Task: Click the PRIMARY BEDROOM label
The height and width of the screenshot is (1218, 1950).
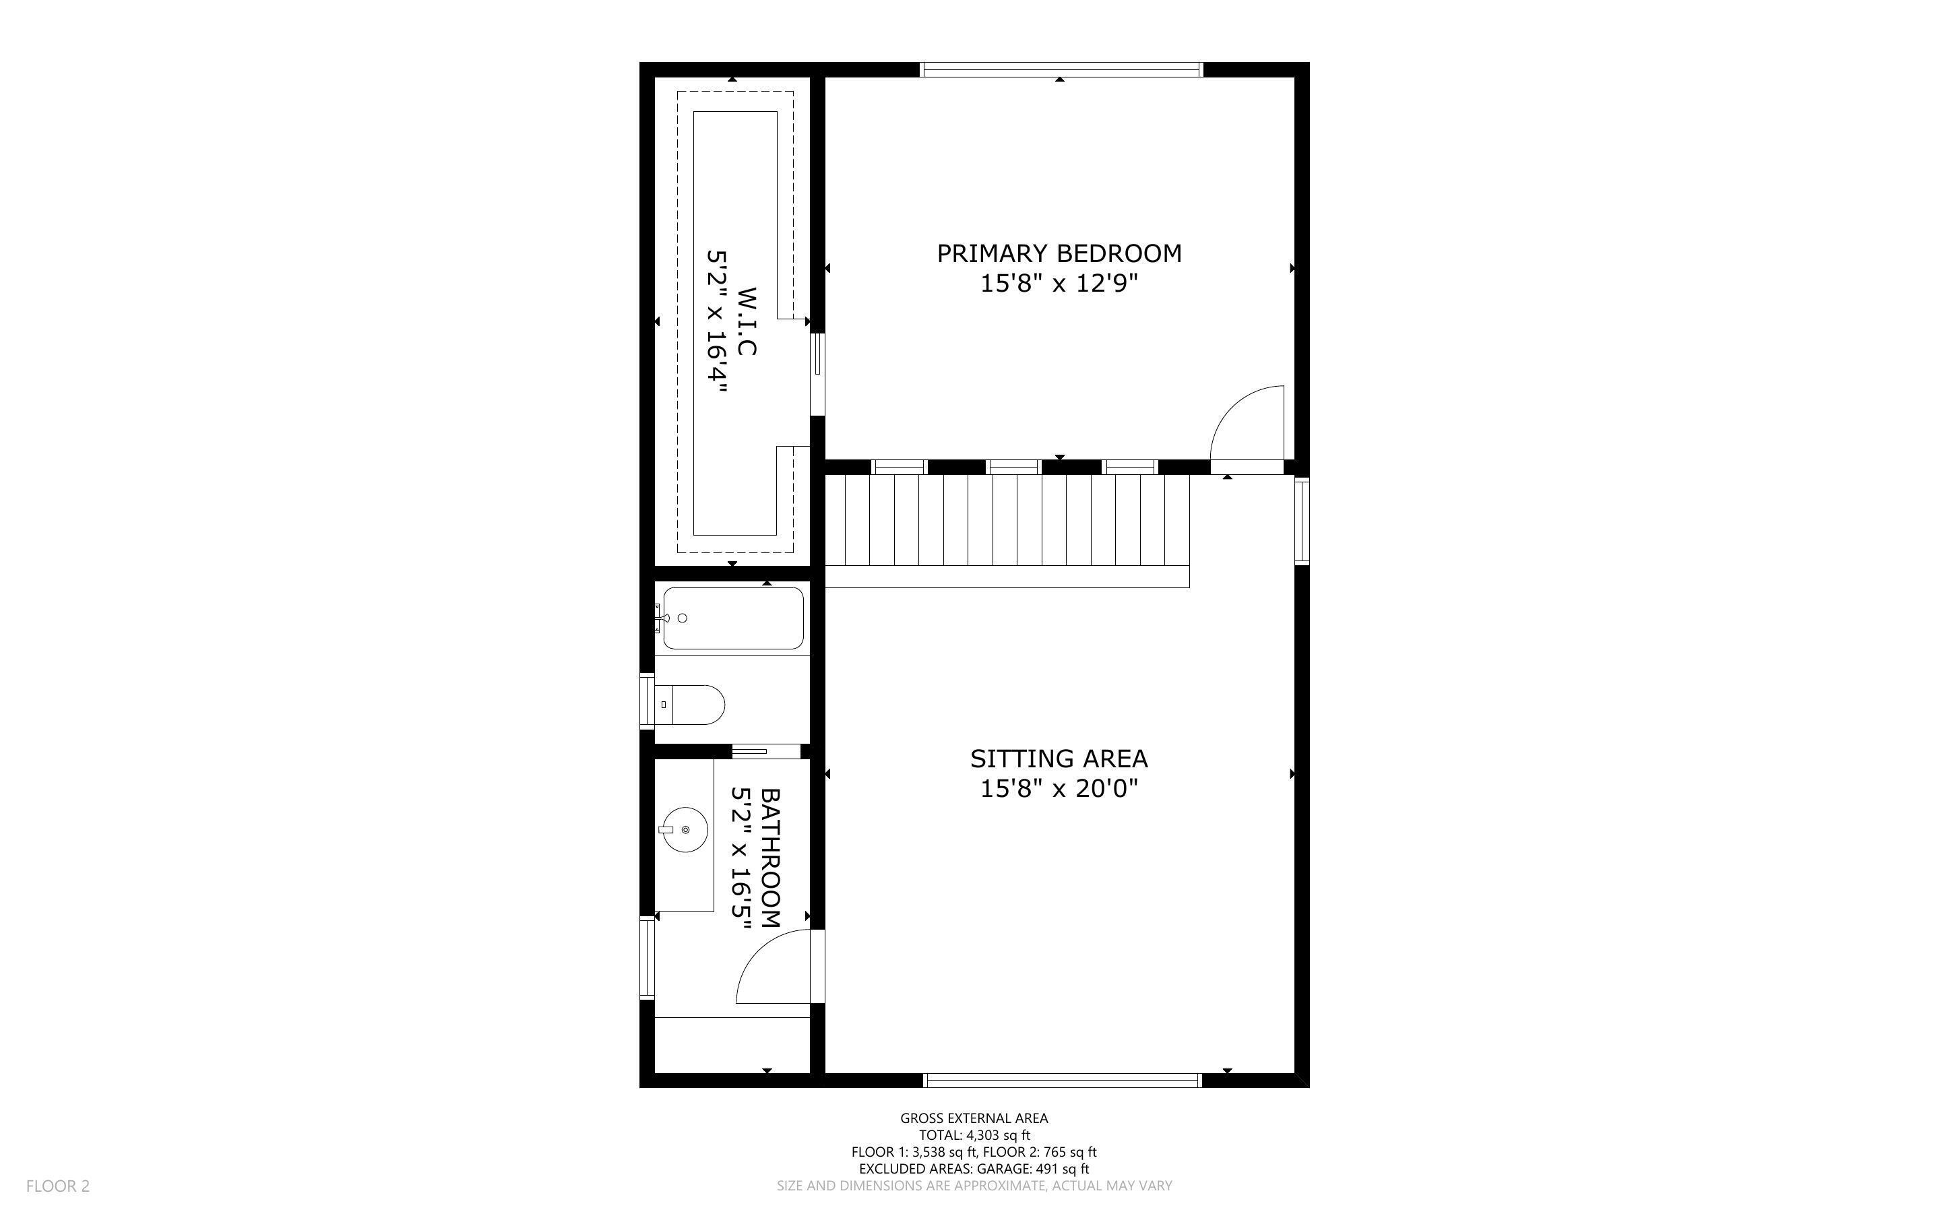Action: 1059,254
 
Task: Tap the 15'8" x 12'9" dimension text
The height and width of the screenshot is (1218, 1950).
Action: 1059,284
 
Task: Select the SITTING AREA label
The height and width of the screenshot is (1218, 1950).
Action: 1059,759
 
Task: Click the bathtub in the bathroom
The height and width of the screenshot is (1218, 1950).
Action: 733,618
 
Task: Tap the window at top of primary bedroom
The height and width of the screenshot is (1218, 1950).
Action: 1061,70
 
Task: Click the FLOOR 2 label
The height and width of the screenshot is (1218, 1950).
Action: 58,1186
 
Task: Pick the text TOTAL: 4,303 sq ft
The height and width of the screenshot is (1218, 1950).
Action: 974,1135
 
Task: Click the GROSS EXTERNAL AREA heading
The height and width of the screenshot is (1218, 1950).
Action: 974,1118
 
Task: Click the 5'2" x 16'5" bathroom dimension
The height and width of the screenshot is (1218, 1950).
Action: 741,858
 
